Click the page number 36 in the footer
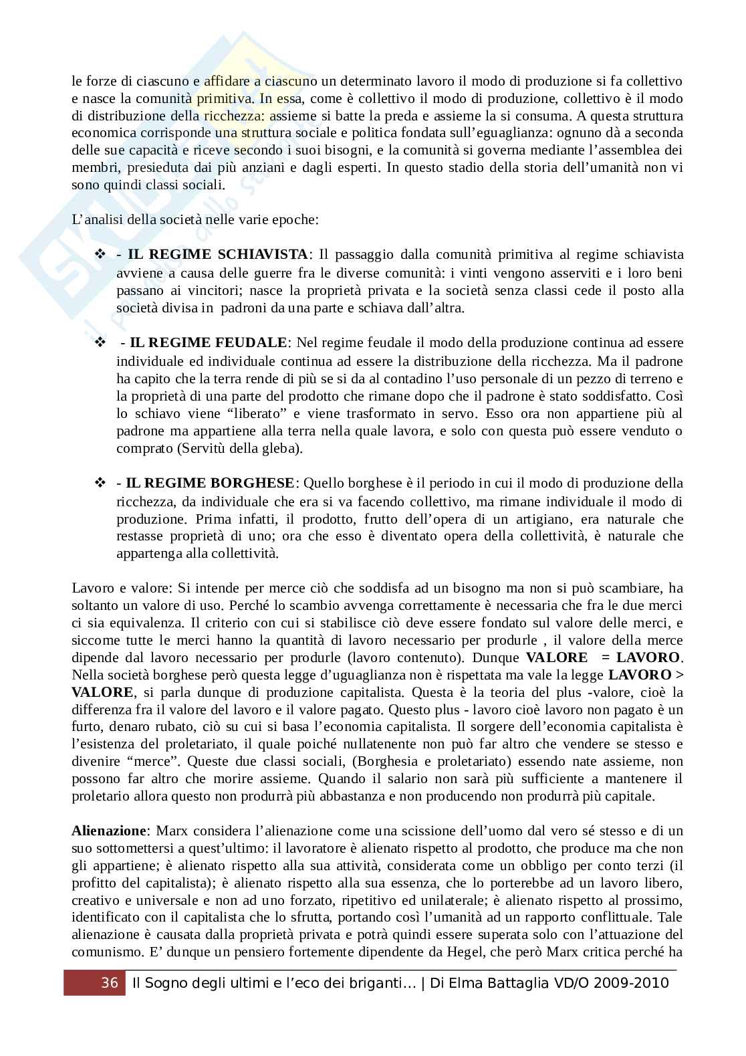[x=109, y=982]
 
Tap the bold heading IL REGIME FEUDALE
[x=208, y=343]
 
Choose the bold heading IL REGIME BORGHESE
[x=210, y=483]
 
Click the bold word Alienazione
[x=108, y=831]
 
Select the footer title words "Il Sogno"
[x=161, y=982]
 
